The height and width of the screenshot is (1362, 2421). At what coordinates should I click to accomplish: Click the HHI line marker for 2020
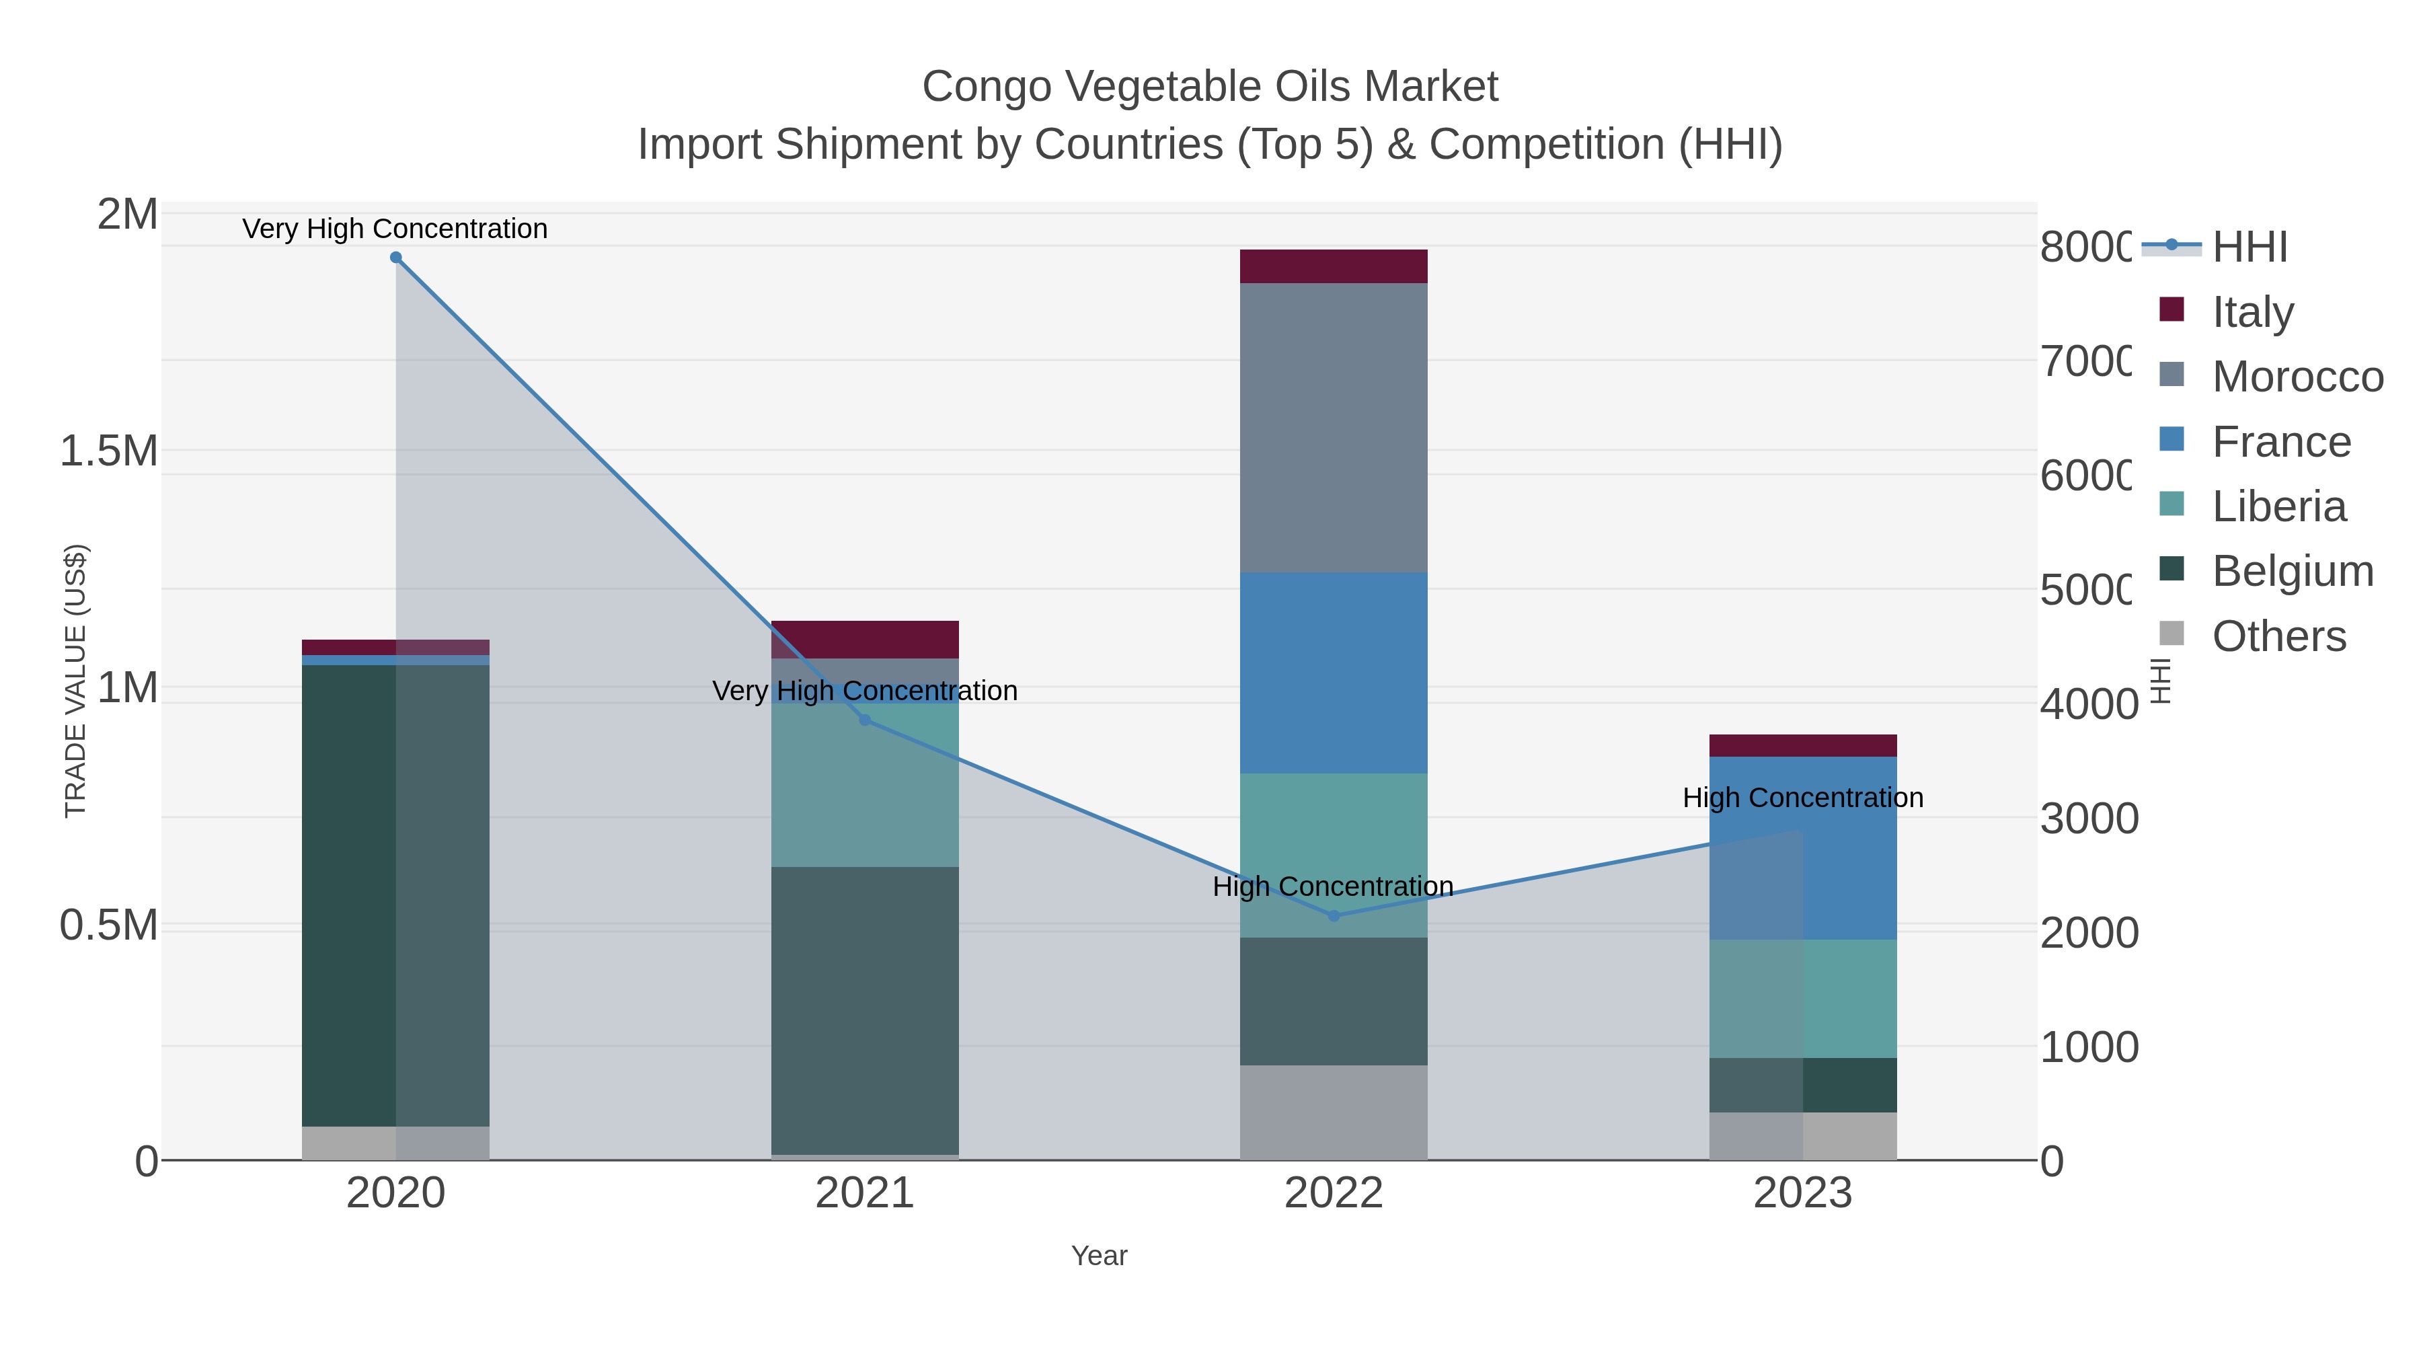(395, 258)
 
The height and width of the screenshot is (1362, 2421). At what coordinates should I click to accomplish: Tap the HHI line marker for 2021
(865, 720)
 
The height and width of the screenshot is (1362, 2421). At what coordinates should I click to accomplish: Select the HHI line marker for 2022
(1334, 915)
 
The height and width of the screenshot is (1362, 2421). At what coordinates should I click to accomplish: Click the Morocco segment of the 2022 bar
(1334, 428)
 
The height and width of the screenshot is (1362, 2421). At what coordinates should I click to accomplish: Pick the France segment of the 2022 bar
(1334, 673)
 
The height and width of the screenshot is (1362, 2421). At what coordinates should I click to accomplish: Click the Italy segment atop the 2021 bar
(865, 639)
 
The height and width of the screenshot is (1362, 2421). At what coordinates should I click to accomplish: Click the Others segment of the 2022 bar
(1334, 1112)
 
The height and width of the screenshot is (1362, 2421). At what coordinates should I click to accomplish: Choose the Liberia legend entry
(2278, 506)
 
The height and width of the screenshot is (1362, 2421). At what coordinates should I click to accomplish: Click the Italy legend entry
(2252, 312)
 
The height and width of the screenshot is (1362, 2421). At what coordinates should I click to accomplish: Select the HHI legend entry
(2248, 248)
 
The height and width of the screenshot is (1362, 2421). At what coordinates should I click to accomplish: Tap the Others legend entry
(2278, 636)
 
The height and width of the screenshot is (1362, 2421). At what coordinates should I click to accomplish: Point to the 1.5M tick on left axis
(108, 451)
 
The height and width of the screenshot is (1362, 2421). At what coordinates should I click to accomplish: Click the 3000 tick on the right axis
(2088, 819)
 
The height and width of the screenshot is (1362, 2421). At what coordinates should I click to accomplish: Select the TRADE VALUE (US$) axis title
(75, 681)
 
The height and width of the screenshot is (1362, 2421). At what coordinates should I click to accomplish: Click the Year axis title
(1099, 1256)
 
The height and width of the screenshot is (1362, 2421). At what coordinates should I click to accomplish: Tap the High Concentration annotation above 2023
(1802, 798)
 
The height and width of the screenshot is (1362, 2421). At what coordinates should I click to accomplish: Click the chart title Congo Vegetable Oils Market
(1210, 87)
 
